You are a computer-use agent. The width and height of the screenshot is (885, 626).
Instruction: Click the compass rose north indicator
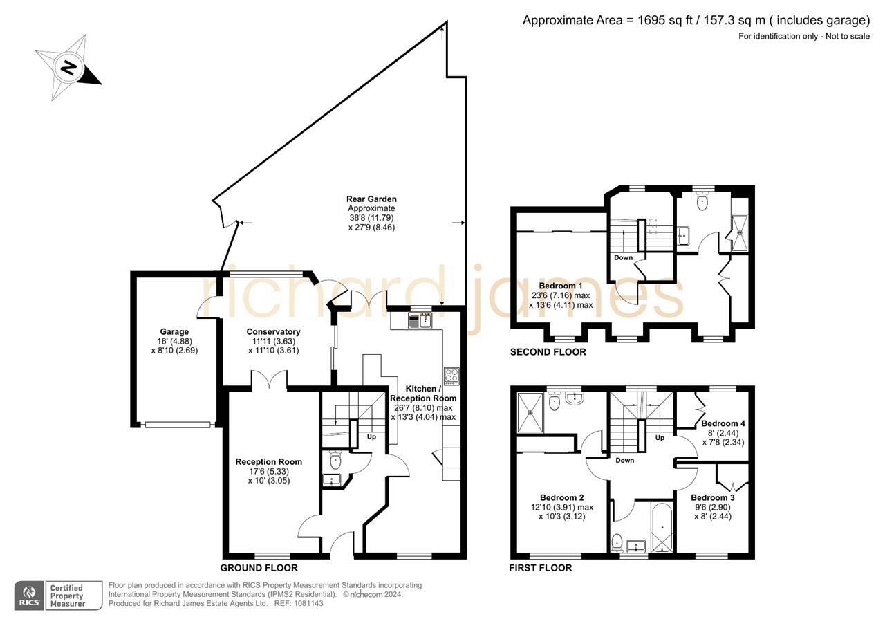point(68,67)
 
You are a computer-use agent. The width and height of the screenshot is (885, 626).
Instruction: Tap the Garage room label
point(174,332)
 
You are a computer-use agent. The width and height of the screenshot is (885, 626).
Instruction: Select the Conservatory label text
point(273,332)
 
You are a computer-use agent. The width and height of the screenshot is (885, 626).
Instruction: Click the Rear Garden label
point(371,199)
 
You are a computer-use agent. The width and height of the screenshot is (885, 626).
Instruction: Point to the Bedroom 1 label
point(561,286)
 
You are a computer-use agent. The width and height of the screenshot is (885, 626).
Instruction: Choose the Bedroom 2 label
point(562,497)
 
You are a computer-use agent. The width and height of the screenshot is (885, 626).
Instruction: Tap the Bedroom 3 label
point(712,497)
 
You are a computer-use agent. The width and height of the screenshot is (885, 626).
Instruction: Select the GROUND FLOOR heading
point(259,568)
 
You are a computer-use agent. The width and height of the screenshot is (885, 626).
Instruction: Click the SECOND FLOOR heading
point(548,352)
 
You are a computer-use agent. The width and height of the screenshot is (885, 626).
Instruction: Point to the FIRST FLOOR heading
point(541,568)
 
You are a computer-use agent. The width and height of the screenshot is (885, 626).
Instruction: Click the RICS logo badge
point(29,596)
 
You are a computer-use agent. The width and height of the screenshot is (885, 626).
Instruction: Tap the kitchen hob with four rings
point(451,376)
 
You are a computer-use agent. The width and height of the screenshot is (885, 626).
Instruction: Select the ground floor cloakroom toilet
point(335,459)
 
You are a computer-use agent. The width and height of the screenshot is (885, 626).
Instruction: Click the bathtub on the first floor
point(662,527)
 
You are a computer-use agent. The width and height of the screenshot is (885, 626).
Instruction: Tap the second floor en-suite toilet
point(702,201)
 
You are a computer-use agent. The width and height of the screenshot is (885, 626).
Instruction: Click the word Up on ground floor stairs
point(371,436)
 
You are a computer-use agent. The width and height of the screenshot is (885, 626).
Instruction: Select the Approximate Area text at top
point(696,20)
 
